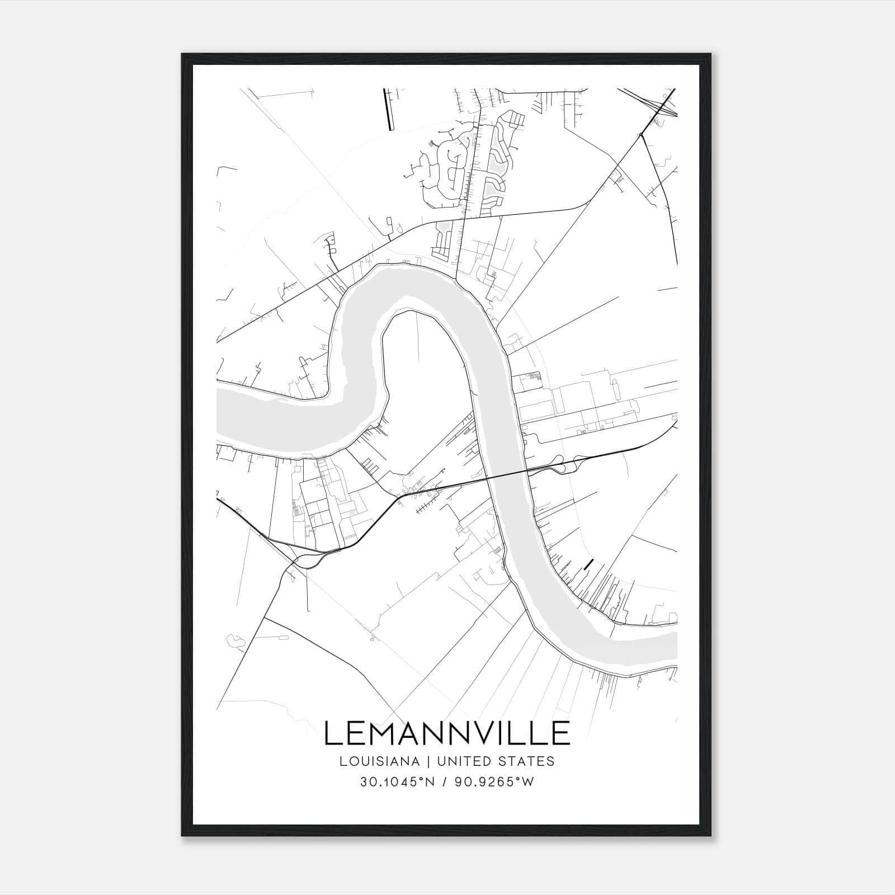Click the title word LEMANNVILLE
pos(447,733)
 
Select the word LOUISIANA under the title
pos(370,761)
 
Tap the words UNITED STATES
pos(495,761)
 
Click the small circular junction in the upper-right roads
pos(640,135)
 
